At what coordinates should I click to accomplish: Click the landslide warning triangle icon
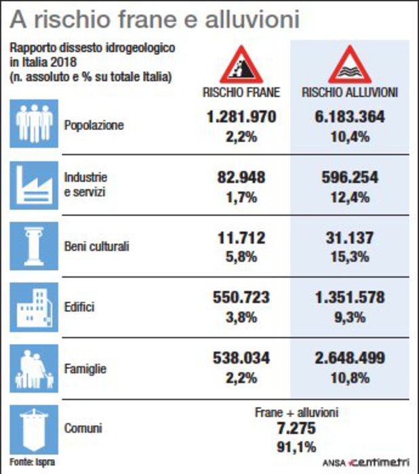pos(242,64)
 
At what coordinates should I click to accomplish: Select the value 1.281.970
pos(241,116)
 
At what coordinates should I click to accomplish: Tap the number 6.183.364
pos(350,116)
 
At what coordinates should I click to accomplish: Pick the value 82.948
pos(241,178)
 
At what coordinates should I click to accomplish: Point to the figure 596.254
pos(350,178)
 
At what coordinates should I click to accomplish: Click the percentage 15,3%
pos(350,257)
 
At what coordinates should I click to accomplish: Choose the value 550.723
pos(241,297)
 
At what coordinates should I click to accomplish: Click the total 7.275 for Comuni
pos(296,429)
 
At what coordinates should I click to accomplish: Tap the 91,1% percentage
pos(296,446)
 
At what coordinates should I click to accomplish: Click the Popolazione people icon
pos(33,124)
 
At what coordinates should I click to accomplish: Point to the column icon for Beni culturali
pos(33,245)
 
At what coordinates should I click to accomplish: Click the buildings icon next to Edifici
pos(33,306)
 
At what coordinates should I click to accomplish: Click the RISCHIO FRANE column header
pos(242,92)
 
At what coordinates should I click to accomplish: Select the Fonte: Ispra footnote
pos(32,462)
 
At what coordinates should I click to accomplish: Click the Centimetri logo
pos(380,462)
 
